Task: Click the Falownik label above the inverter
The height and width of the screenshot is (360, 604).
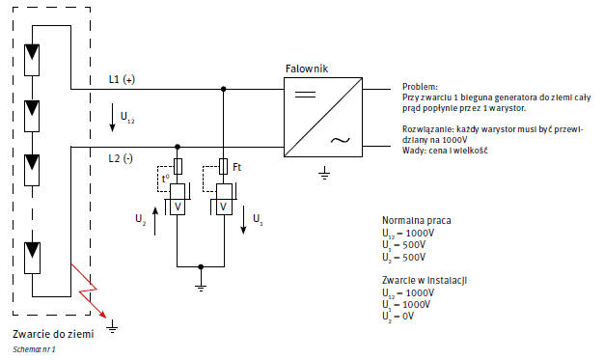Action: tap(307, 69)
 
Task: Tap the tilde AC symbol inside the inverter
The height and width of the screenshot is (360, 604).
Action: tap(341, 140)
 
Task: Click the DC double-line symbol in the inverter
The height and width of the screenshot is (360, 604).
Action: tap(305, 94)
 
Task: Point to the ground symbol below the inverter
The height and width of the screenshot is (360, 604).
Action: tap(324, 174)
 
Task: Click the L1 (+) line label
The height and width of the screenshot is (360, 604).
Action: tap(122, 79)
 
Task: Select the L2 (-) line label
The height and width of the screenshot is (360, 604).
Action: tap(121, 158)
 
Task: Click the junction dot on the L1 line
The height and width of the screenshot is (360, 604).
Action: tap(224, 89)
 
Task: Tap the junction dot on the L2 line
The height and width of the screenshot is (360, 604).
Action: tap(178, 147)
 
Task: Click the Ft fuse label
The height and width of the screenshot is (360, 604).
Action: tap(237, 167)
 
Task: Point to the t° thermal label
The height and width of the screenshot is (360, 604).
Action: tap(165, 179)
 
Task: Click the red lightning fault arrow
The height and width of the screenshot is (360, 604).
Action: tap(89, 291)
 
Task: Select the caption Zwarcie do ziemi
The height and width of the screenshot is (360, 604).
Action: tap(53, 334)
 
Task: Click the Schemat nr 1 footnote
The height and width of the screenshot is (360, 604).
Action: tap(34, 349)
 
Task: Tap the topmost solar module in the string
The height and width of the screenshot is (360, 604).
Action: tap(32, 60)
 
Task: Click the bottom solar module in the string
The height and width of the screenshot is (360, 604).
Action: tap(33, 258)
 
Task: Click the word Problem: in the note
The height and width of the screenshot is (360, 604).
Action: tap(420, 87)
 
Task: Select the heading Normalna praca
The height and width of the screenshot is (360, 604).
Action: tap(417, 220)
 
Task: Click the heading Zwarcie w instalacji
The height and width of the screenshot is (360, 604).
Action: tap(425, 280)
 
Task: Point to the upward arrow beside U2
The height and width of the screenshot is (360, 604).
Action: tap(155, 221)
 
